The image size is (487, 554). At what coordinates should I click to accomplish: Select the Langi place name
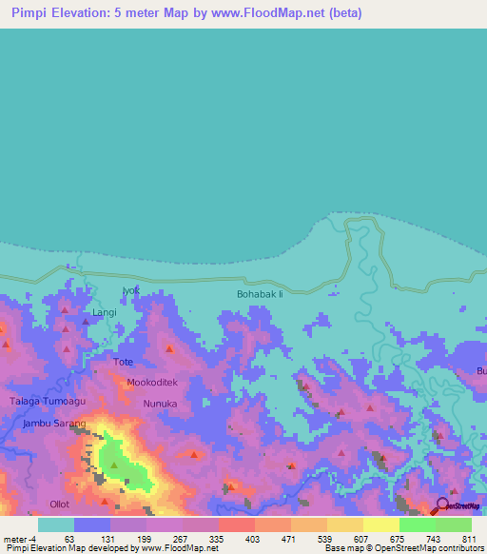[x=104, y=312]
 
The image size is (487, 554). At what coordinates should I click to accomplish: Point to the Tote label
[x=124, y=363]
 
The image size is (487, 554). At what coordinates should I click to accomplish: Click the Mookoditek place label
[x=152, y=382]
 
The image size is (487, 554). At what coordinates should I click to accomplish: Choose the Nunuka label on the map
[x=160, y=404]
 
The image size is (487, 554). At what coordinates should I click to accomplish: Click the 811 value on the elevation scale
[x=465, y=538]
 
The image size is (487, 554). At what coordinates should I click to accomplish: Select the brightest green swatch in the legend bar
[x=418, y=524]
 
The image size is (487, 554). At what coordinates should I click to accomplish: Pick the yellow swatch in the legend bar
[x=381, y=524]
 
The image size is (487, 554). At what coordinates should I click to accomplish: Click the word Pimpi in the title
[x=29, y=14]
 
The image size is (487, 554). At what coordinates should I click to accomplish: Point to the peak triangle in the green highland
[x=114, y=465]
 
